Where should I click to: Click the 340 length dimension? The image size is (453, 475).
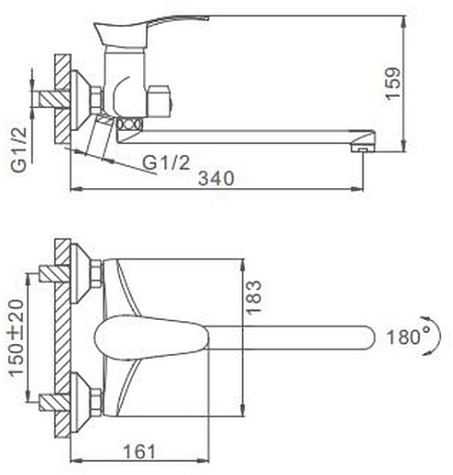pyautogui.click(x=216, y=178)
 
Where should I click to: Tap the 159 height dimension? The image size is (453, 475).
pyautogui.click(x=393, y=84)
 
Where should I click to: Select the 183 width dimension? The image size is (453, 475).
pyautogui.click(x=254, y=297)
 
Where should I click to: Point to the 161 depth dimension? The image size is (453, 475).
pyautogui.click(x=139, y=451)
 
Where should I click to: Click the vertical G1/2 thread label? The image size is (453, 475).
pyautogui.click(x=19, y=149)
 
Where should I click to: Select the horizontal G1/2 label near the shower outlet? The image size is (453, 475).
pyautogui.click(x=166, y=162)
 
